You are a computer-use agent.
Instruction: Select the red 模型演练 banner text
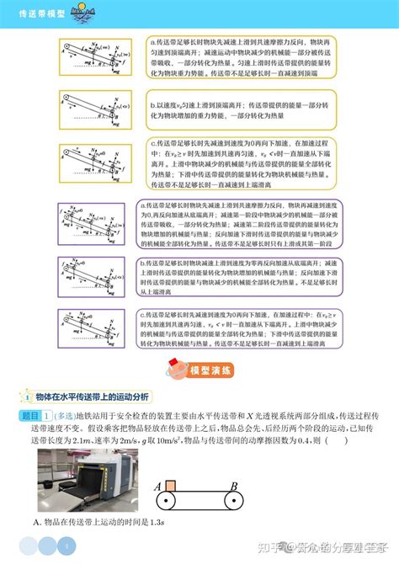pos(210,370)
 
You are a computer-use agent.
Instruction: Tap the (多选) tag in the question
pos(64,417)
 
